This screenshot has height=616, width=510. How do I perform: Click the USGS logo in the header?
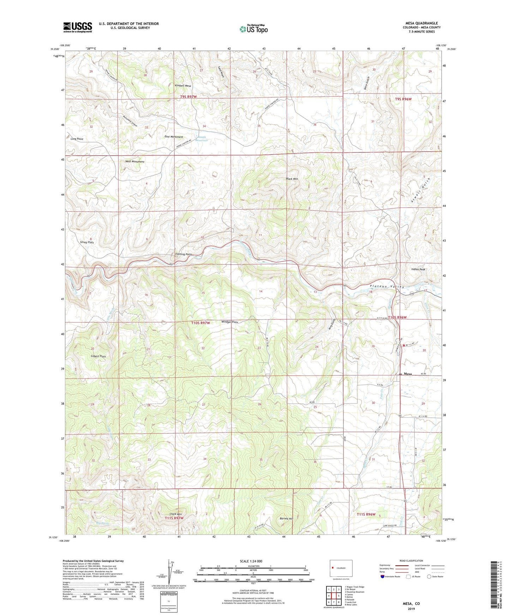78,27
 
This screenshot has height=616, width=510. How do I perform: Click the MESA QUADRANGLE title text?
421,23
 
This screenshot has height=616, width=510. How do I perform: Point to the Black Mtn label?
292,179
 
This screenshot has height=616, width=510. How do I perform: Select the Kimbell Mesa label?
183,86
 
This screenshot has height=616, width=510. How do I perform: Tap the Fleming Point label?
184,254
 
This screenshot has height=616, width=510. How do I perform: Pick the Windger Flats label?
230,322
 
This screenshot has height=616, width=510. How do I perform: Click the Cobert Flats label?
98,356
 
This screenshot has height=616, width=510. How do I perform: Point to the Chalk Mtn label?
175,514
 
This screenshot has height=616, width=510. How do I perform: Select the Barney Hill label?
286,519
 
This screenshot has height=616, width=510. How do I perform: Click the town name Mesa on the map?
408,374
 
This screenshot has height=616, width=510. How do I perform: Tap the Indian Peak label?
418,269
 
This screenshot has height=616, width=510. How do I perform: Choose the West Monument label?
135,162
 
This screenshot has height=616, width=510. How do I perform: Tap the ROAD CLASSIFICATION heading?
412,561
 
